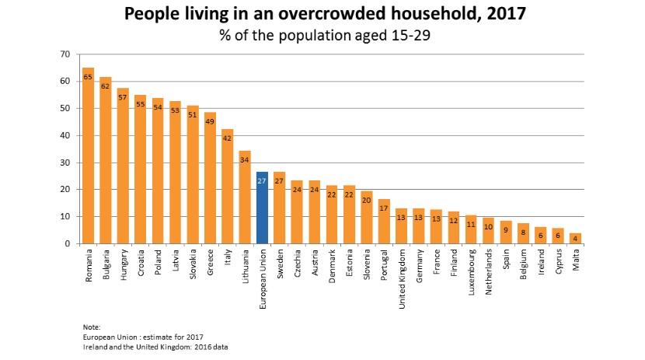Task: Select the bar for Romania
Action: tap(88, 156)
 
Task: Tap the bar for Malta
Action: tap(576, 238)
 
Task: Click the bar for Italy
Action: tap(227, 187)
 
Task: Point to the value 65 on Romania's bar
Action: tap(88, 77)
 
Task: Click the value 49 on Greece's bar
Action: tap(210, 121)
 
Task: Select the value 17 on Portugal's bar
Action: tap(384, 208)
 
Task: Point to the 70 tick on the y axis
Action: tap(64, 54)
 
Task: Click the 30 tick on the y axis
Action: tap(64, 163)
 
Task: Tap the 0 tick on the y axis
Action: tap(68, 243)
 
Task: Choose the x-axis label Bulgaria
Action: tap(105, 264)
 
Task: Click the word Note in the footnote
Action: tap(91, 327)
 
